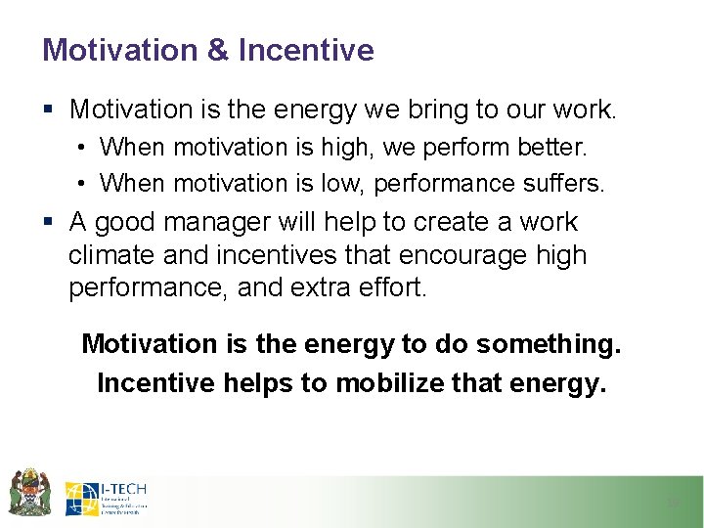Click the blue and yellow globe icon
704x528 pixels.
tap(82, 499)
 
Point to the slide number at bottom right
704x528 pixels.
tap(672, 504)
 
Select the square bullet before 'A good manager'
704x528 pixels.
tap(50, 223)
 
